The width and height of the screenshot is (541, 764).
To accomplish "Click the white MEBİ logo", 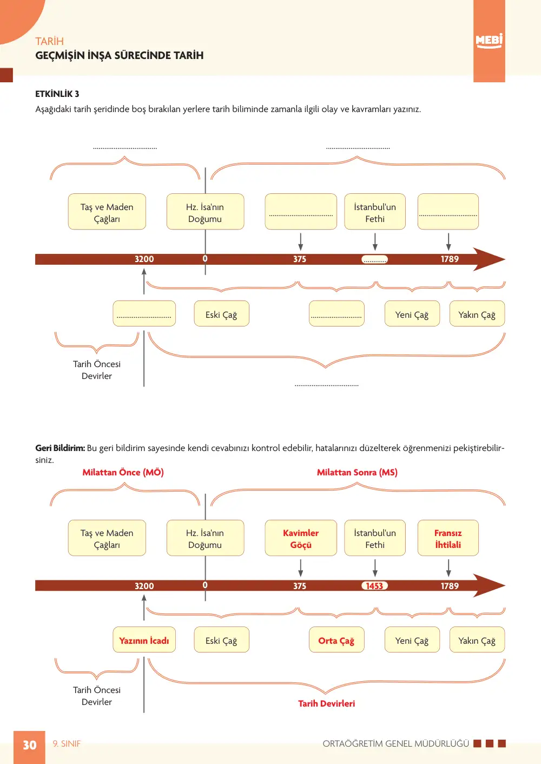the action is click(489, 41).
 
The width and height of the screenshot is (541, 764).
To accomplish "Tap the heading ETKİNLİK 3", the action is click(57, 94).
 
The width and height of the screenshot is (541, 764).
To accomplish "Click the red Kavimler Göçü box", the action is click(301, 538).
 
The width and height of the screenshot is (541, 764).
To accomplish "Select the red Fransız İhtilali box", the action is click(448, 538).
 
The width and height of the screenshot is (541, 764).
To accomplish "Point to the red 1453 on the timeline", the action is click(374, 586).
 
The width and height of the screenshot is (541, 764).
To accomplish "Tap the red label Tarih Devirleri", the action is click(326, 703).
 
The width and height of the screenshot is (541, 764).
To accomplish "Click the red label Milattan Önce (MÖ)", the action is click(123, 472).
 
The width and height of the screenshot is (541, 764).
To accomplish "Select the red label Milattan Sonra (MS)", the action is click(357, 472).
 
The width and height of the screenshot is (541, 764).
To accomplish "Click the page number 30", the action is click(30, 745).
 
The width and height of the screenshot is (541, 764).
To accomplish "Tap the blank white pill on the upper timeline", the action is click(374, 259).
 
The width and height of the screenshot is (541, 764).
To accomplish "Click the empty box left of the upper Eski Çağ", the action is click(144, 314).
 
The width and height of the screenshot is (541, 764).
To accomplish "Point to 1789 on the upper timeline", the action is click(450, 259).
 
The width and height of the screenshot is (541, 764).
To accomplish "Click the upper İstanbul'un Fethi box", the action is click(375, 212).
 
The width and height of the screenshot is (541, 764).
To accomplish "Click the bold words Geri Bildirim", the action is click(60, 448).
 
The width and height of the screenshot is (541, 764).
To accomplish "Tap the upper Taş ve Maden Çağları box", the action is click(107, 212).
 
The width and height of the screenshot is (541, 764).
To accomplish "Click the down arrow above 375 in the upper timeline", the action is click(300, 241).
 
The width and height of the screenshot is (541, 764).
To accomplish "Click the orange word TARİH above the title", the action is click(49, 41).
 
